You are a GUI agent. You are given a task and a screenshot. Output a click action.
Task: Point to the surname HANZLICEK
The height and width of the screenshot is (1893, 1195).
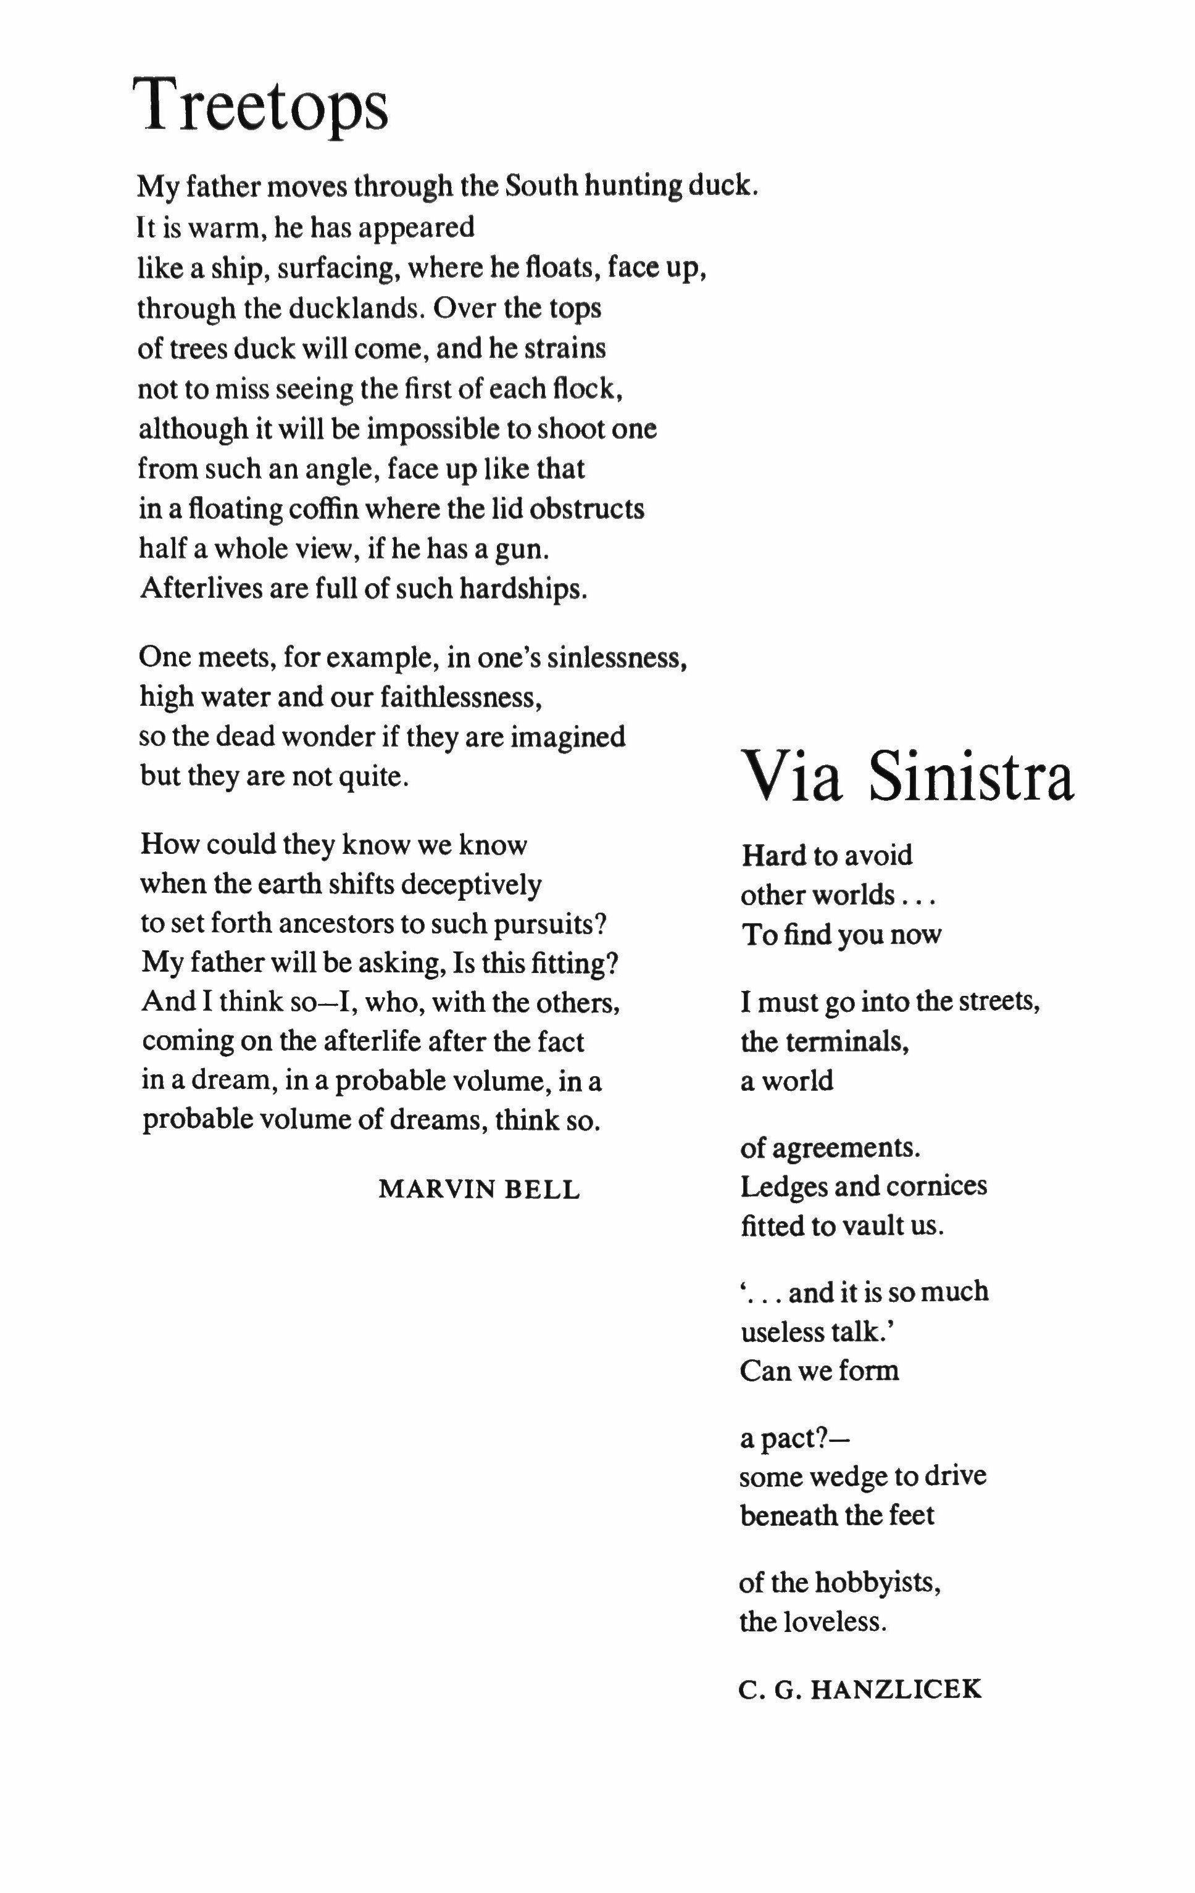(896, 1689)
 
